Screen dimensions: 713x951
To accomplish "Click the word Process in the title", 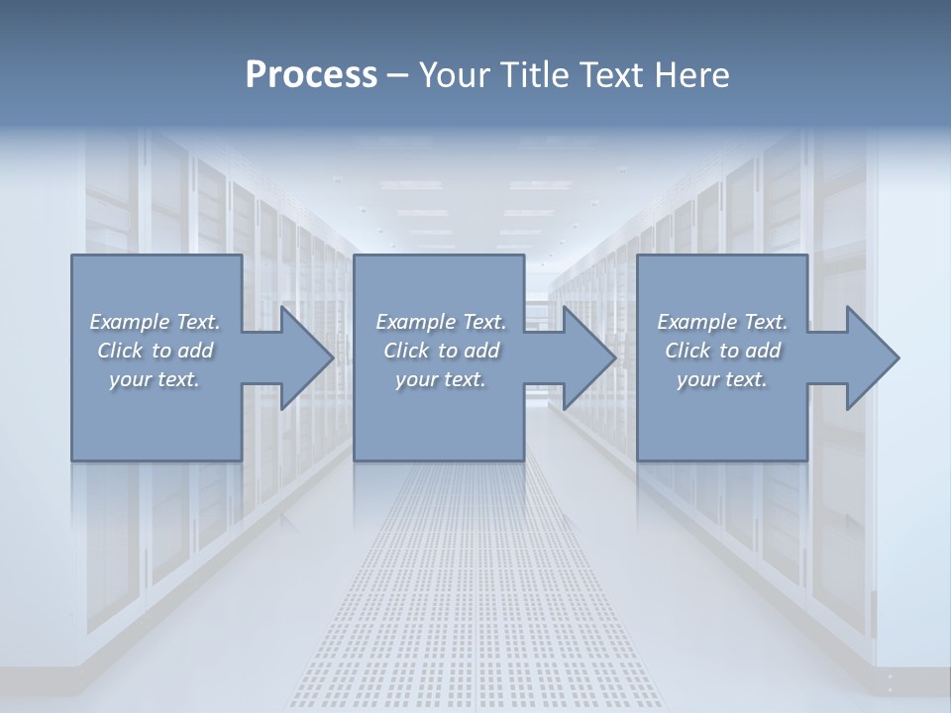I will pos(311,75).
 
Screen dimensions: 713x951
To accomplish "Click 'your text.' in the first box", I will pos(156,379).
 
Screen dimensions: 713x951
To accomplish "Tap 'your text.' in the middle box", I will pos(441,379).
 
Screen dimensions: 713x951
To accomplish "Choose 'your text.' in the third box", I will pos(722,379).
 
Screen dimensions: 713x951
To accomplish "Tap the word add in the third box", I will pos(763,351).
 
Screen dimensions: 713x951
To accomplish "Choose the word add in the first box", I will pos(195,351).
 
